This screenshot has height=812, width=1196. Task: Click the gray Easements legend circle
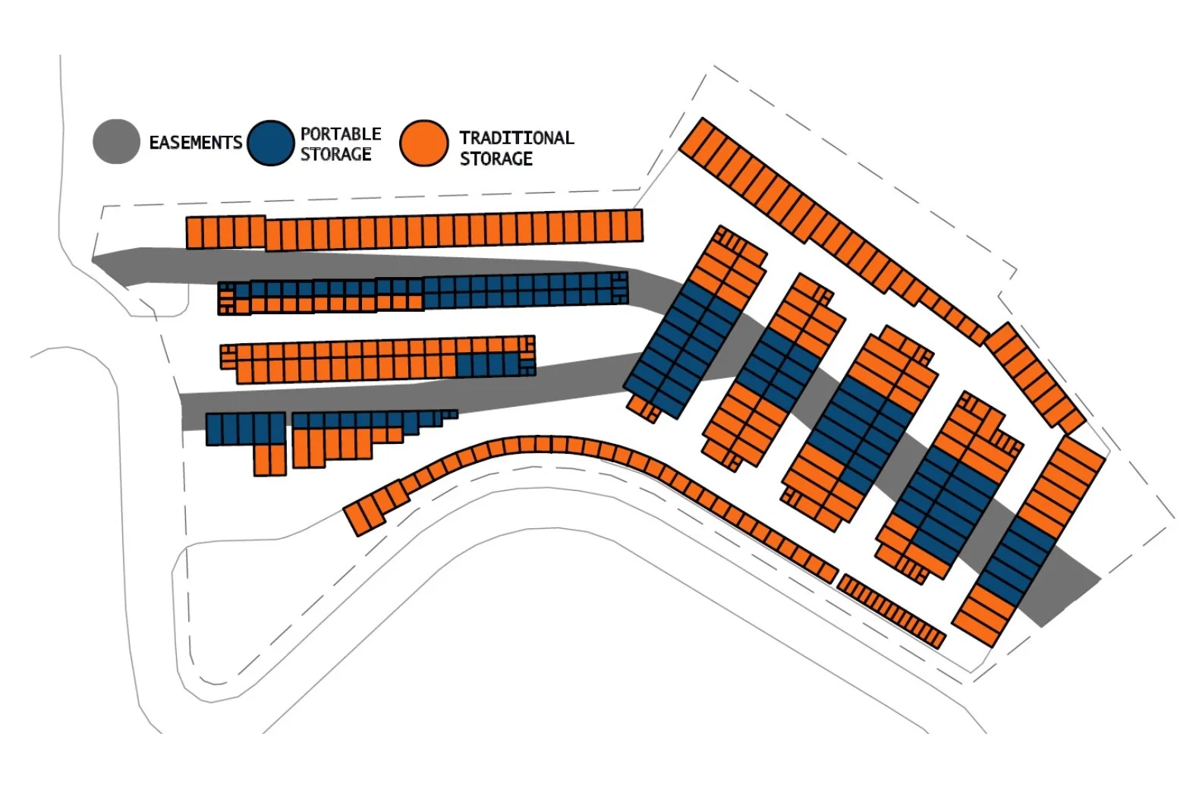(x=116, y=142)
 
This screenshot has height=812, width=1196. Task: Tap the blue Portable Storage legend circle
(x=270, y=143)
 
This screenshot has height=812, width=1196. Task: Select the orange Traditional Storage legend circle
(x=423, y=143)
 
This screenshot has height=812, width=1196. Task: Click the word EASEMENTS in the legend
(x=195, y=143)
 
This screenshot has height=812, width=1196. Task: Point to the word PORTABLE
(x=341, y=134)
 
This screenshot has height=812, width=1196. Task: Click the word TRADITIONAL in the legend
(x=516, y=138)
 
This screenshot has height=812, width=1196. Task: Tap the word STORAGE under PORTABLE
(x=335, y=154)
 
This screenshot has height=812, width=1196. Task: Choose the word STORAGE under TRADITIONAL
(x=496, y=159)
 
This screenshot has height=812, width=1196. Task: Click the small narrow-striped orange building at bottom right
(x=892, y=611)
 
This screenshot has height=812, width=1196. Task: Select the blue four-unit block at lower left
(x=245, y=429)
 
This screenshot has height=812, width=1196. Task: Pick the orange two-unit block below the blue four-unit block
(x=269, y=460)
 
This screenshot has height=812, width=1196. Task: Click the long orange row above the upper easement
(x=414, y=229)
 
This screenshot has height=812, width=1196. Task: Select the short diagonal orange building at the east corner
(x=1035, y=377)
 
